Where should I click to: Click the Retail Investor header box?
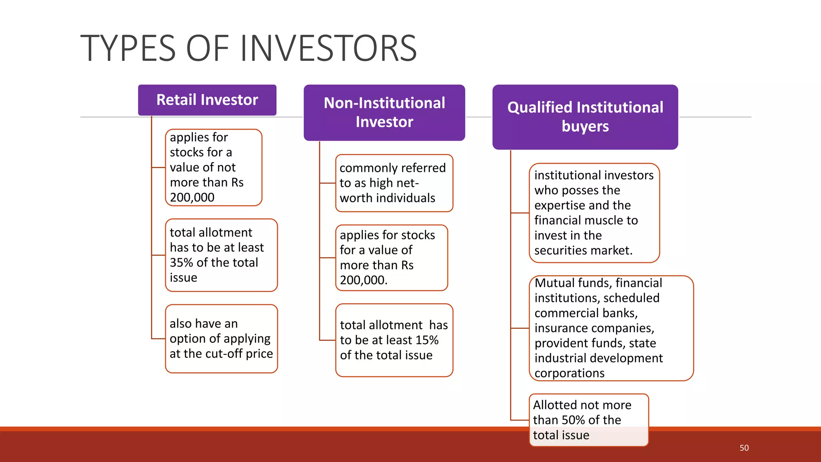point(207,100)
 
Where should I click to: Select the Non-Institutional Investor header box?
point(384,112)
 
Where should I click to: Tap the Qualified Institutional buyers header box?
point(585,117)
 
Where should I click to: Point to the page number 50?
point(744,448)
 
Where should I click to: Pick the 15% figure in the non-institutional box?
point(427,340)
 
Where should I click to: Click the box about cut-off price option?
point(221,339)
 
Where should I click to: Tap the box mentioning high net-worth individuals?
point(394,183)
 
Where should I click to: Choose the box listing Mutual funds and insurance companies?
point(611,328)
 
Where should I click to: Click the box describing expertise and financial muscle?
point(594,213)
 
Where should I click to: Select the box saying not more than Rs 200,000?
point(213,167)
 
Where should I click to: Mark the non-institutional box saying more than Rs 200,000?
point(391,257)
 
